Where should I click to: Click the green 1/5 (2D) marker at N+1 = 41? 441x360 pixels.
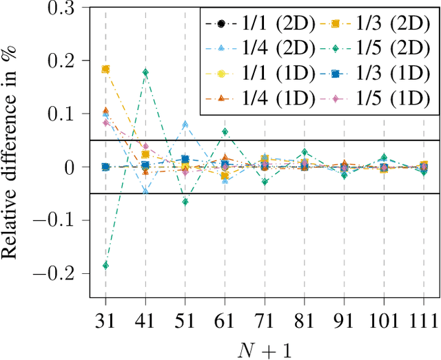coord(145,72)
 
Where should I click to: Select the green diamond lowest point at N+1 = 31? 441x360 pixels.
coord(105,265)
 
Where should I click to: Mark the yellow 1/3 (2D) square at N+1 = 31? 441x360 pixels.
coord(105,69)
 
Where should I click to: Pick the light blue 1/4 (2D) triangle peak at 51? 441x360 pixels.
coord(185,125)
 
